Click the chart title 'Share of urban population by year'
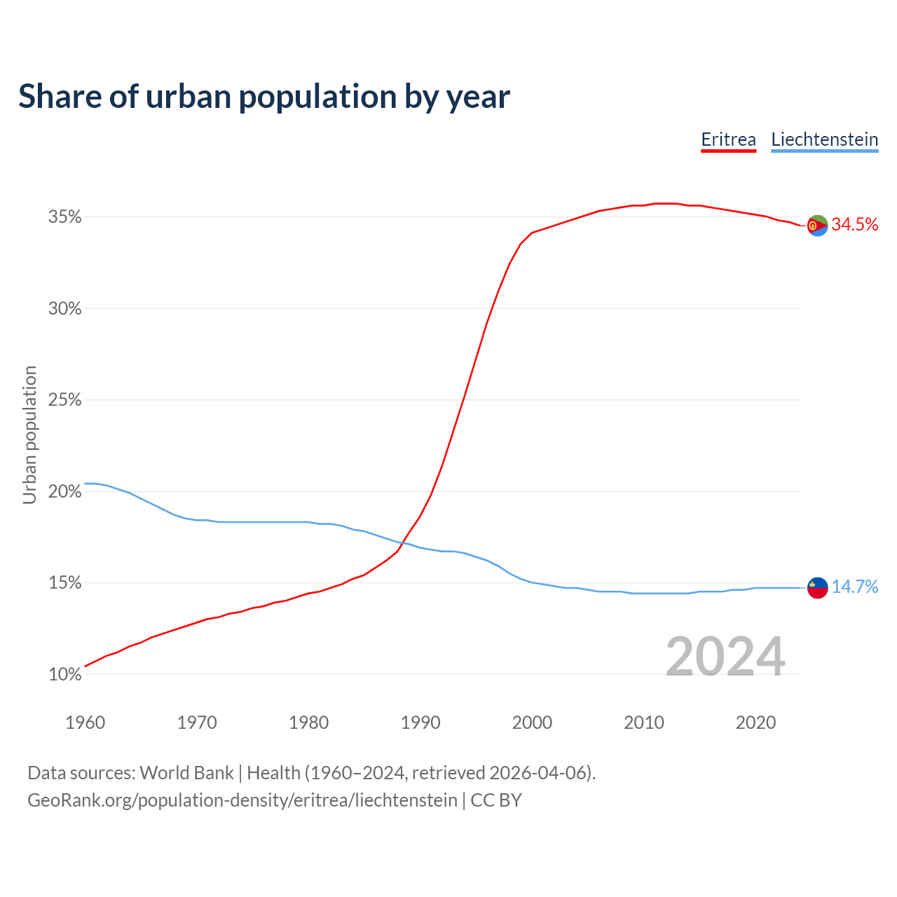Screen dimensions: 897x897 pyautogui.click(x=264, y=97)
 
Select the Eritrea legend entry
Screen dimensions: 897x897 pyautogui.click(x=729, y=139)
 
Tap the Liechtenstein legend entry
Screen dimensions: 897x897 pyautogui.click(x=824, y=139)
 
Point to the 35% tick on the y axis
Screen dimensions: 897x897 pyautogui.click(x=64, y=217)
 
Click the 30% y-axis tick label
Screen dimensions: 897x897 pyautogui.click(x=64, y=309)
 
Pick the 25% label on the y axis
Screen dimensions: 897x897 pyautogui.click(x=64, y=400)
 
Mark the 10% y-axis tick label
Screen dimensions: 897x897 pyautogui.click(x=64, y=675)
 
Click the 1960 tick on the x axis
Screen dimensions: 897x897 pyautogui.click(x=85, y=723)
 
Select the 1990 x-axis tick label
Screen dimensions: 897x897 pyautogui.click(x=420, y=723)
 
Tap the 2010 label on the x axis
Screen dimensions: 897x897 pyautogui.click(x=644, y=723)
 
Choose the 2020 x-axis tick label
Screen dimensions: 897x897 pyautogui.click(x=755, y=723)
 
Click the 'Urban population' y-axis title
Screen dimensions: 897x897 pyautogui.click(x=29, y=434)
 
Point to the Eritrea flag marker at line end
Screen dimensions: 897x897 pyautogui.click(x=817, y=226)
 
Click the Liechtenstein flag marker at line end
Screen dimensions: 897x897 pyautogui.click(x=817, y=587)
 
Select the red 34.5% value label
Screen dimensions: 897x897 pyautogui.click(x=855, y=225)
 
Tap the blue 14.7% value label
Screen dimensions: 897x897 pyautogui.click(x=855, y=587)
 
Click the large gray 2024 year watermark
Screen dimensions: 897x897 pyautogui.click(x=725, y=657)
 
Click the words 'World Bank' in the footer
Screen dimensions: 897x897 pyautogui.click(x=186, y=773)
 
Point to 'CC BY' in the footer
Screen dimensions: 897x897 pyautogui.click(x=496, y=800)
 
